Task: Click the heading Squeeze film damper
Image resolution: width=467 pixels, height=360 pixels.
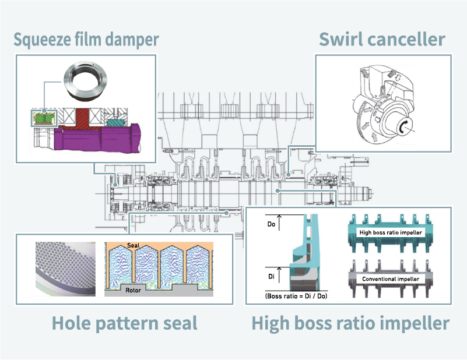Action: [86, 40]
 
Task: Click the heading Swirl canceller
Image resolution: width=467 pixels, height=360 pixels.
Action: [382, 40]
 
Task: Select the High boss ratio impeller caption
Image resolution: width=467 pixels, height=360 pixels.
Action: [350, 323]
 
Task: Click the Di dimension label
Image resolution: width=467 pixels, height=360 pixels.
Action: [271, 276]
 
